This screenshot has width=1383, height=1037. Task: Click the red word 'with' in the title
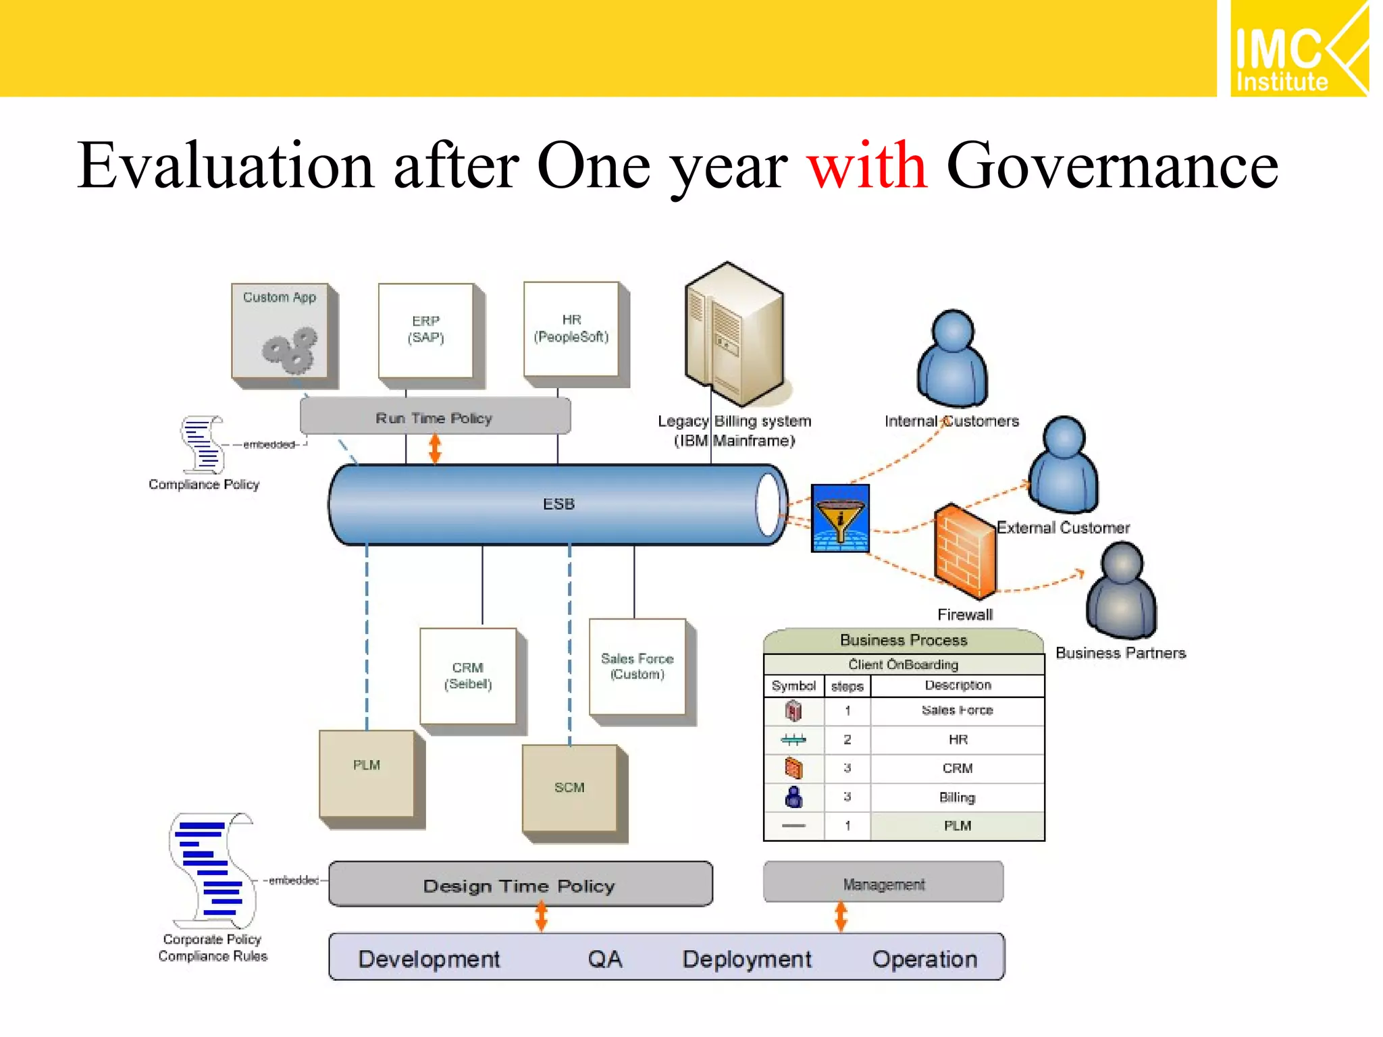coord(867,165)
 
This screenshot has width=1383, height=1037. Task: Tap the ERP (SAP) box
coord(426,330)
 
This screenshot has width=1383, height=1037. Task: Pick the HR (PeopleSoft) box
coord(571,329)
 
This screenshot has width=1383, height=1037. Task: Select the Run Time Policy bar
coord(435,417)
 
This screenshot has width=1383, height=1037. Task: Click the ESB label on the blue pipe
coord(558,504)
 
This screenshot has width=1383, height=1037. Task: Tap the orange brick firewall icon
coord(965,550)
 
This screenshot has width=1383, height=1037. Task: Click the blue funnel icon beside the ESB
coord(840,518)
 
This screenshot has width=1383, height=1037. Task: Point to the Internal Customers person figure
coord(952,359)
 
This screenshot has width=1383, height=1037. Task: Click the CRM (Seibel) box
coord(468,676)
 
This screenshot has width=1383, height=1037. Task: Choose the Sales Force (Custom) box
coord(637,666)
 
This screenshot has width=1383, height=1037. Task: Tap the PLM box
coord(367,774)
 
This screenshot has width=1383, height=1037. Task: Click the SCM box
coord(569,788)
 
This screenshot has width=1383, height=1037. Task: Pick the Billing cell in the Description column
coord(957,797)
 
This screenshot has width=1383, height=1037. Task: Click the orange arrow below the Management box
coord(841,916)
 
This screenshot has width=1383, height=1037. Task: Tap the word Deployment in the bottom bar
coord(747,958)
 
